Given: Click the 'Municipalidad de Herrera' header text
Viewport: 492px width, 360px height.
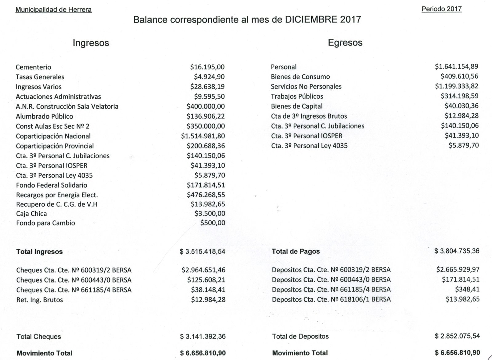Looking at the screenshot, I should tap(54, 10).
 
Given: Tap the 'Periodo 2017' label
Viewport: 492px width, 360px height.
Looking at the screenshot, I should tap(442, 9).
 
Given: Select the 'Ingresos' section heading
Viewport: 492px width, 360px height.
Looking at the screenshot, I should tap(91, 43).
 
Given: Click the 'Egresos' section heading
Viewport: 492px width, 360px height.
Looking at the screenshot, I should tap(345, 42).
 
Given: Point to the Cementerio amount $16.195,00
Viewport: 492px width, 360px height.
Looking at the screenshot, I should tap(207, 67).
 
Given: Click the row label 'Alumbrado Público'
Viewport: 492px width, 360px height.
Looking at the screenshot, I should tap(45, 116).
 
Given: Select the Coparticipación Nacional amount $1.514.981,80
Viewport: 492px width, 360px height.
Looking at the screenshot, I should tap(203, 136).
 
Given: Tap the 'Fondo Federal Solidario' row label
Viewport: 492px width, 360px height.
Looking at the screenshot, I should tap(52, 185).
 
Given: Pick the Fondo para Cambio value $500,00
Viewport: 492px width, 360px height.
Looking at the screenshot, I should tap(212, 223).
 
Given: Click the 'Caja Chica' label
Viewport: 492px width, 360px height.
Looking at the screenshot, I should tap(32, 214).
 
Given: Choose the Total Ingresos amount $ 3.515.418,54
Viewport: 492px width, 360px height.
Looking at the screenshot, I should tap(203, 251).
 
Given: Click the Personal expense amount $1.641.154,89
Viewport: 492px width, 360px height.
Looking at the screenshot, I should tap(456, 66).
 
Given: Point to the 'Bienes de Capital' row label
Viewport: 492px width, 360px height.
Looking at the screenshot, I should tap(297, 106).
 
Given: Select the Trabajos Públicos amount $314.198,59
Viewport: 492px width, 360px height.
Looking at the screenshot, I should tap(459, 96).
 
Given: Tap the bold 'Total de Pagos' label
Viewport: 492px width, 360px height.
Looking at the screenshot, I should tap(296, 251).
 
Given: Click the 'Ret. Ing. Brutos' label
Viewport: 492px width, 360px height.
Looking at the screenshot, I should tap(40, 300).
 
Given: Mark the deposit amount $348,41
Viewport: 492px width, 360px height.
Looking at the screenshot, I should tap(467, 289).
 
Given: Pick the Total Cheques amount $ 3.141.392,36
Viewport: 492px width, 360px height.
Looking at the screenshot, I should tap(203, 337).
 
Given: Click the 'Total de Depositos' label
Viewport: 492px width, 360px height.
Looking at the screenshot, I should tap(300, 336).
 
